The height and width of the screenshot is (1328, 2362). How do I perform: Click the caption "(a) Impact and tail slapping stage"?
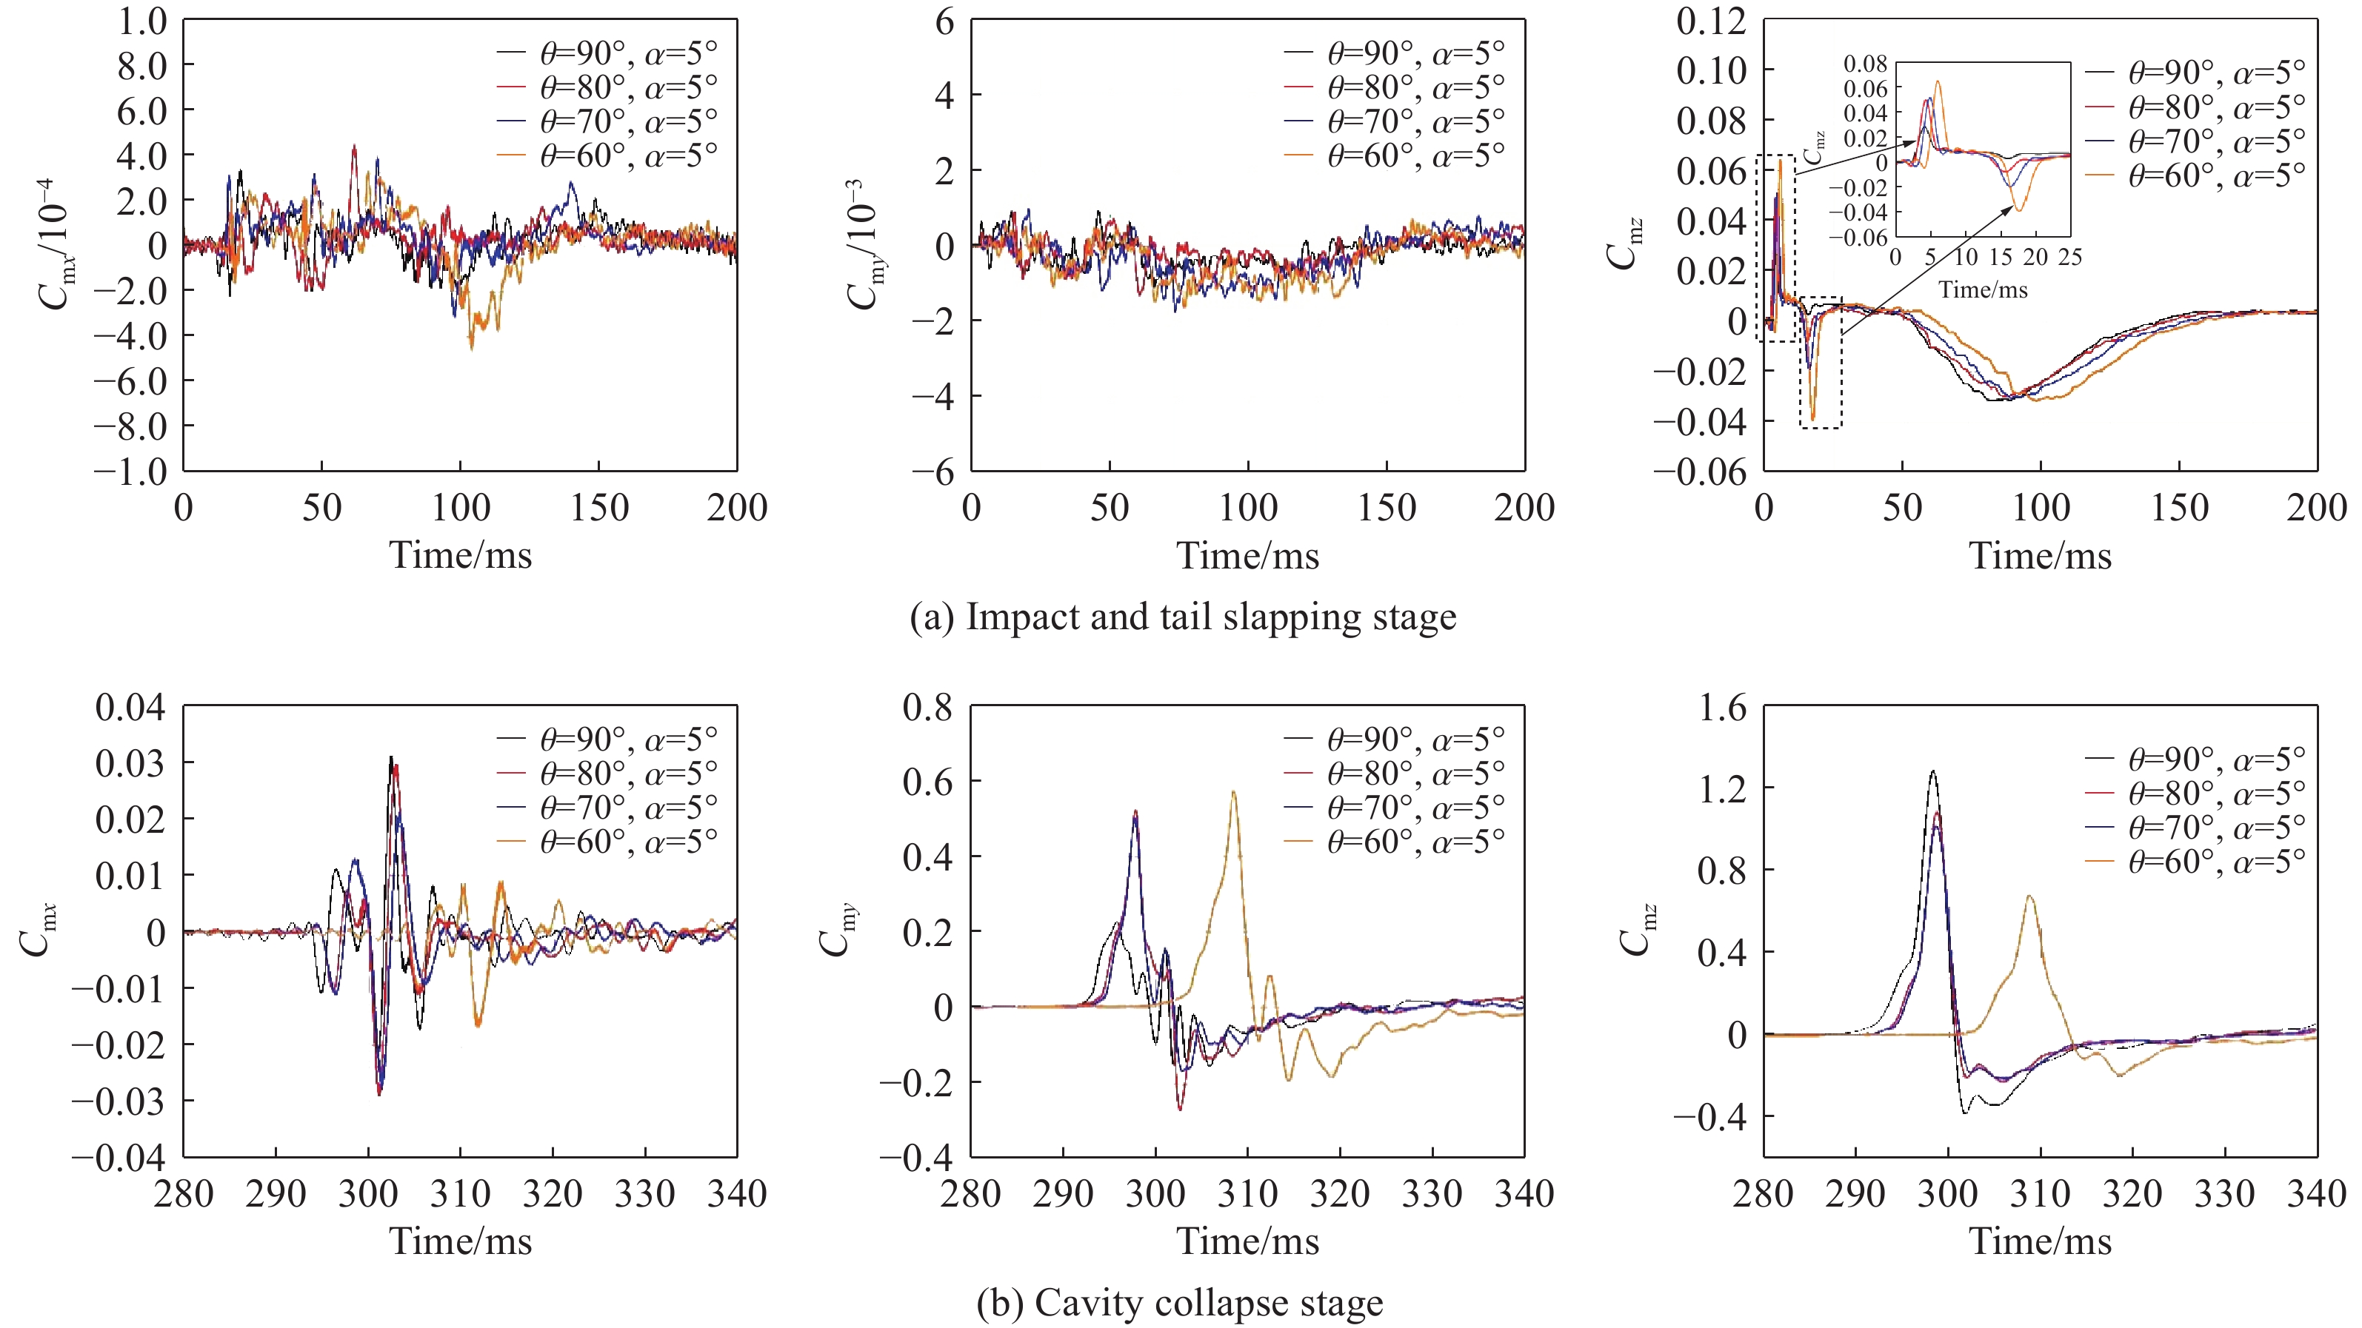[1182, 617]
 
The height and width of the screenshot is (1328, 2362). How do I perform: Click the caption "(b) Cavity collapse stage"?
[1179, 1302]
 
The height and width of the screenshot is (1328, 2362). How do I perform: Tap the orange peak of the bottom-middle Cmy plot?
[1233, 792]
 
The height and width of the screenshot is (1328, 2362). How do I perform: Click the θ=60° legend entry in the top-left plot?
[627, 155]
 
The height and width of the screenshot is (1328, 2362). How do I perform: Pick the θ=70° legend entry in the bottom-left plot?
[627, 808]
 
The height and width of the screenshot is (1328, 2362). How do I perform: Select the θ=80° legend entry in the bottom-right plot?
[2215, 793]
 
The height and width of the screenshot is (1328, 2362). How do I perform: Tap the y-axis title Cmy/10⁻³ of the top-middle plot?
[863, 245]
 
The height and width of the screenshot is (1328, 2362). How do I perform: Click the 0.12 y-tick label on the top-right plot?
[1711, 21]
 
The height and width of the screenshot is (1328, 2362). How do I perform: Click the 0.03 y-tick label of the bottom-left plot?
[130, 762]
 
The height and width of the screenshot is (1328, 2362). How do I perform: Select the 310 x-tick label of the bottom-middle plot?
[1247, 1194]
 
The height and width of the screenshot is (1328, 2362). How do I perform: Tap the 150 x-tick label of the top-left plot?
[598, 508]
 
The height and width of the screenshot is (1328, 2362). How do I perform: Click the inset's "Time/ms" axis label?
[1982, 290]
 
